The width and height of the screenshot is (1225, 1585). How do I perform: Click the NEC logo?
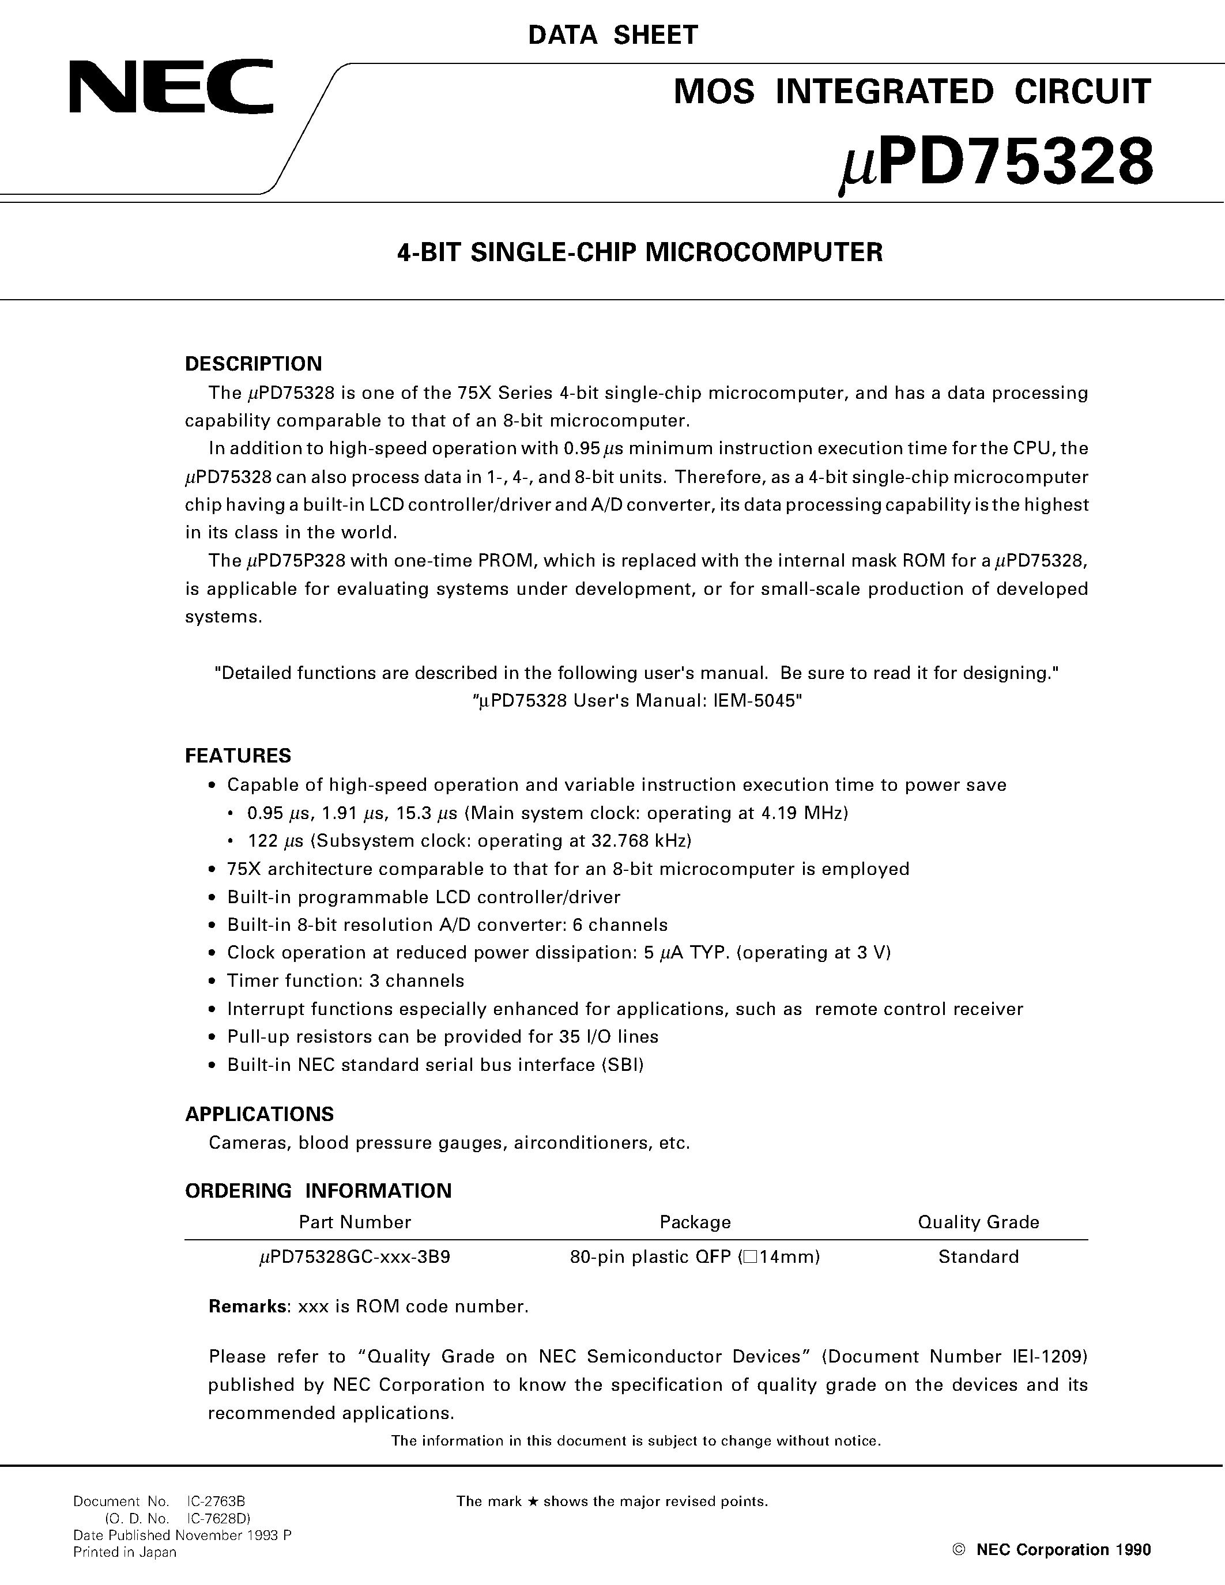tap(171, 88)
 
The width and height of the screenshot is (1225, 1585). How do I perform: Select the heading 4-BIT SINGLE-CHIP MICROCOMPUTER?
tap(639, 252)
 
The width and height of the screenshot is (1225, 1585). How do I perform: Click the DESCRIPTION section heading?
tap(253, 364)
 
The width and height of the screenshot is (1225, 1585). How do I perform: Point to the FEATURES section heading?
tap(238, 756)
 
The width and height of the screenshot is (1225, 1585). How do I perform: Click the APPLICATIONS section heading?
tap(259, 1114)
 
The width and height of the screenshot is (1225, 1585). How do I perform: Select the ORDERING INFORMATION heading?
tap(318, 1191)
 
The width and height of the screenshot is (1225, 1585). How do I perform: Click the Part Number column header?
tap(355, 1222)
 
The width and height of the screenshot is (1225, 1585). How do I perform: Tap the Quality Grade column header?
tap(978, 1222)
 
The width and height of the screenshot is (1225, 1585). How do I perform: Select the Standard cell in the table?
tap(978, 1257)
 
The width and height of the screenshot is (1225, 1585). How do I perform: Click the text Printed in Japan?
tap(125, 1552)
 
